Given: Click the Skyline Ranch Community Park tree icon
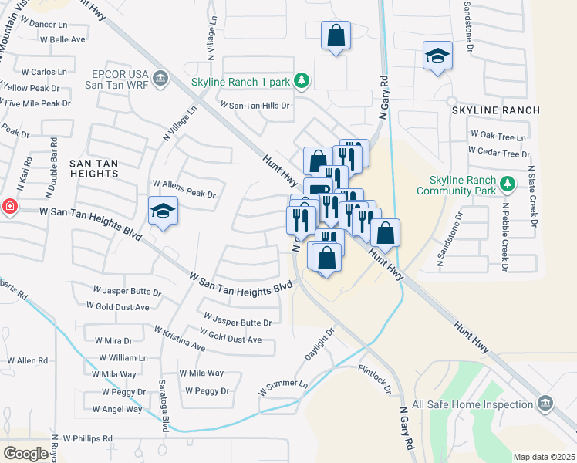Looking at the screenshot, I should point(507,183).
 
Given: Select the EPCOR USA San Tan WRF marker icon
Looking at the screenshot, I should point(160,78).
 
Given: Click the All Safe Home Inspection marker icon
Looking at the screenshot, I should point(545,404).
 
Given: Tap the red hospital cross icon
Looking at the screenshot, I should point(8,208).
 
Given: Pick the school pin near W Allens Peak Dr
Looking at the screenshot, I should point(164,211).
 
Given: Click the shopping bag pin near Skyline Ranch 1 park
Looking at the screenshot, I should point(336,35).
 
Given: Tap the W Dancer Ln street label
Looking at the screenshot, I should point(42,25).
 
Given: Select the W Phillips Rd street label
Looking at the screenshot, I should point(88,438).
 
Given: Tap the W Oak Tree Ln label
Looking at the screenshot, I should point(498,137).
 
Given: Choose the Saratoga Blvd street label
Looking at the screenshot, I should point(164,406).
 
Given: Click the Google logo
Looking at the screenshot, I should point(25,453).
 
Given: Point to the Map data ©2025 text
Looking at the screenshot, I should point(543,457).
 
